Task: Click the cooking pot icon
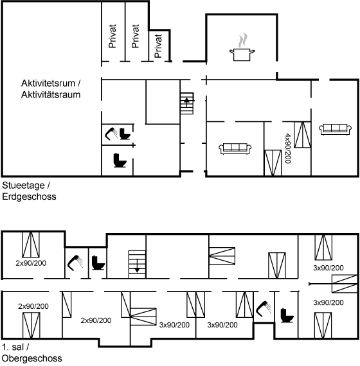pyautogui.click(x=242, y=55)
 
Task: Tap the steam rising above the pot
pyautogui.click(x=243, y=40)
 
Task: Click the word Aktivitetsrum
pyautogui.click(x=48, y=83)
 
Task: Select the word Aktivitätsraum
pyautogui.click(x=51, y=95)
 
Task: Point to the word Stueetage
pyautogui.click(x=23, y=186)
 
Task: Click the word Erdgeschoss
pyautogui.click(x=29, y=196)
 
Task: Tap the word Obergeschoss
pyautogui.click(x=32, y=358)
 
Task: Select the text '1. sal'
pyautogui.click(x=13, y=347)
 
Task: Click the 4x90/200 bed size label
pyautogui.click(x=288, y=148)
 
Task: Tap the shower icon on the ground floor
pyautogui.click(x=111, y=134)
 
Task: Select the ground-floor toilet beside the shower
pyautogui.click(x=125, y=134)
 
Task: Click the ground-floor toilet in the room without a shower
pyautogui.click(x=120, y=160)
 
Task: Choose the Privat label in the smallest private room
pyautogui.click(x=158, y=46)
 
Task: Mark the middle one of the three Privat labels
pyautogui.click(x=136, y=36)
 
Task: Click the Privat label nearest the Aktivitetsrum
pyautogui.click(x=113, y=36)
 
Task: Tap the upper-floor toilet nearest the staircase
pyautogui.click(x=98, y=263)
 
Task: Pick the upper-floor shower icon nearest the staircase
pyautogui.click(x=75, y=263)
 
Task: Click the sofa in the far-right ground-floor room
pyautogui.click(x=335, y=130)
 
